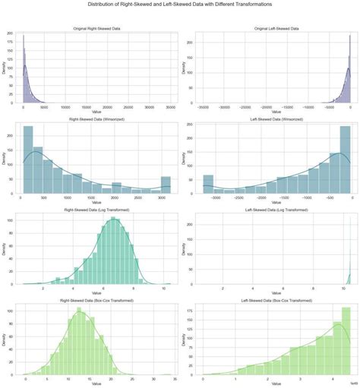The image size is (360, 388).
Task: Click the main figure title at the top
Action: point(180,4)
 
